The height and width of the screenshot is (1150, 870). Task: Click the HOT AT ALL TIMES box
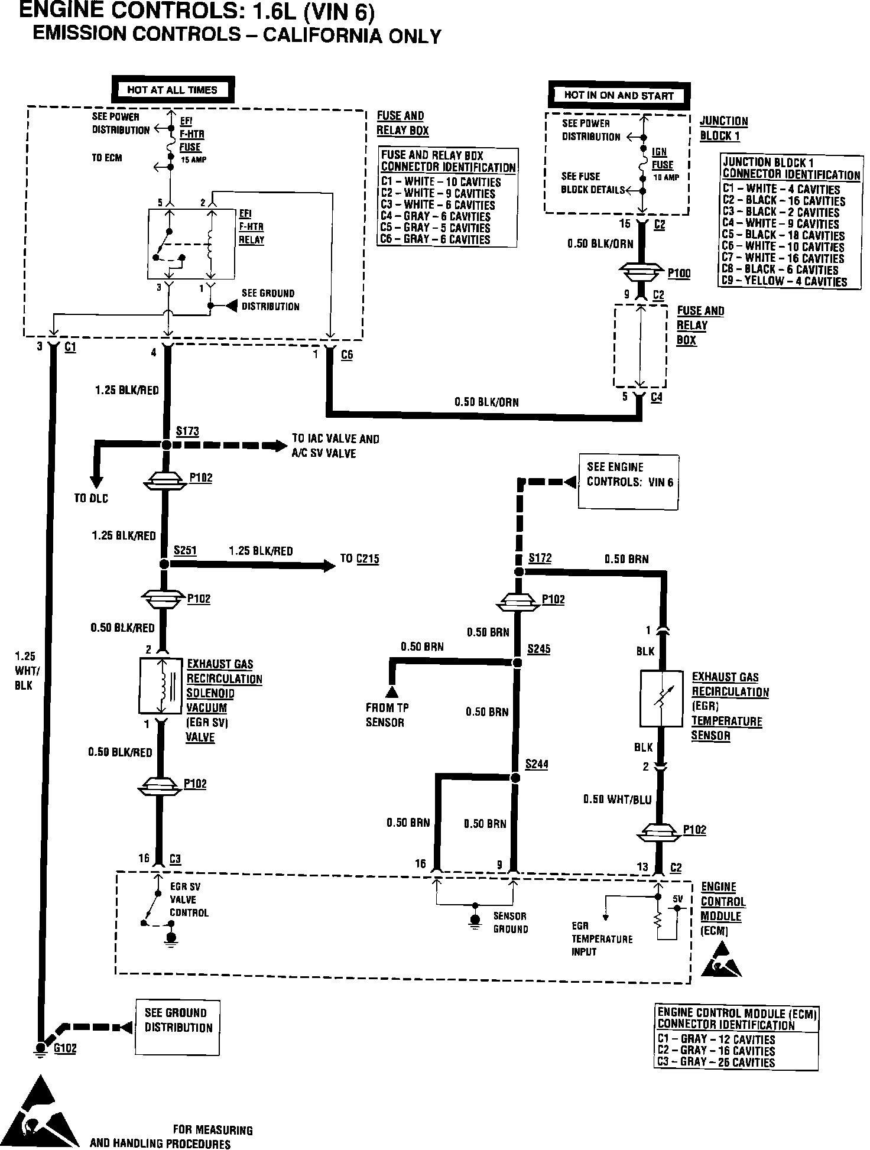(172, 90)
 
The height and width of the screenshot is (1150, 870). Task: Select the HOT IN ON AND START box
(619, 96)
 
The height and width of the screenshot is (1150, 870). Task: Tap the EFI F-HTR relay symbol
(191, 243)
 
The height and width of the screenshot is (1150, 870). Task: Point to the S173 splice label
(187, 431)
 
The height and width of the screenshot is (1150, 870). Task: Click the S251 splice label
(185, 551)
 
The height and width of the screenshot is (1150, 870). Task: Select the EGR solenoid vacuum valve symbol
(160, 686)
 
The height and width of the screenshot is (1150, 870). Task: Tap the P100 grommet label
(679, 274)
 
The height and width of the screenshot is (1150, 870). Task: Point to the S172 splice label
(540, 558)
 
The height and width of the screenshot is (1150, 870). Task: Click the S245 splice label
(538, 649)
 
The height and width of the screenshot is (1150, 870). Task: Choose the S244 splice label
(537, 764)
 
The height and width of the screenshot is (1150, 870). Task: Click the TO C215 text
(359, 558)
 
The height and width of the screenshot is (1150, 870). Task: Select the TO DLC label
(91, 498)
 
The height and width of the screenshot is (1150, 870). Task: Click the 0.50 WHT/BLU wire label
(617, 800)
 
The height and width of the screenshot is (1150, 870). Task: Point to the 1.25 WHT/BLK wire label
(25, 671)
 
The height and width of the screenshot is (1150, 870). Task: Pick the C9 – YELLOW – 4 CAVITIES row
(784, 282)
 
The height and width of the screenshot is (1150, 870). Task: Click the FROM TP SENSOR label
(387, 714)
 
